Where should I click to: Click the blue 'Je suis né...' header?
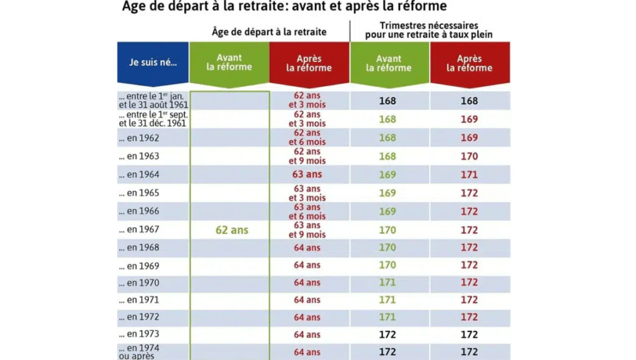[x=153, y=63]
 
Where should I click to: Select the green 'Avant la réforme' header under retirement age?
[x=229, y=63]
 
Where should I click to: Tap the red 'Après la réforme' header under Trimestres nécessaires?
[x=470, y=63]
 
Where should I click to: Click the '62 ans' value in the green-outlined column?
[x=232, y=230]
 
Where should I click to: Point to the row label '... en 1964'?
[x=143, y=174]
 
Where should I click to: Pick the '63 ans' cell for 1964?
[x=307, y=174]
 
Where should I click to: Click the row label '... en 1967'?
[x=143, y=230]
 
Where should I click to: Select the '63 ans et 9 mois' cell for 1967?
[x=307, y=230]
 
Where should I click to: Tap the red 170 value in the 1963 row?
[x=470, y=156]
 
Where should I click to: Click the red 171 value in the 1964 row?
[x=470, y=175]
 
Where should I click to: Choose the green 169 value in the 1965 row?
[x=388, y=193]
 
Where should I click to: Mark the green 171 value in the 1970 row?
[x=388, y=282]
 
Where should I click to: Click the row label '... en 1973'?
[x=143, y=335]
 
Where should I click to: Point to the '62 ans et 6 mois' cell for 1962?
[x=307, y=138]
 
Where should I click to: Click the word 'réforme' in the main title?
[x=418, y=7]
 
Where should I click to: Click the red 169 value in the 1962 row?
[x=470, y=138]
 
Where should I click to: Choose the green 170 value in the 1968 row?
[x=388, y=248]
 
